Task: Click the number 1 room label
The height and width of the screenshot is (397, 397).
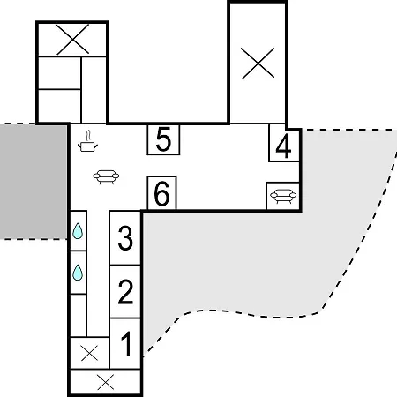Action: pyautogui.click(x=126, y=343)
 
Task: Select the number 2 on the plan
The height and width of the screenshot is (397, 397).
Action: pyautogui.click(x=125, y=292)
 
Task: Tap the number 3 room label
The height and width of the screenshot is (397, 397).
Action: pyautogui.click(x=125, y=238)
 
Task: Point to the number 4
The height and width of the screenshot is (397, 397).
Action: pyautogui.click(x=283, y=146)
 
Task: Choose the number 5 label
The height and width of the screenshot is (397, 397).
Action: pyautogui.click(x=163, y=139)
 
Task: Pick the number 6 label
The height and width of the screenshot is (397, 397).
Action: pyautogui.click(x=161, y=193)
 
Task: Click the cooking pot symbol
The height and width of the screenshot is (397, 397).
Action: pyautogui.click(x=87, y=146)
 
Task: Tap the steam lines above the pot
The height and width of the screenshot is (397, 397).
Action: pyautogui.click(x=87, y=136)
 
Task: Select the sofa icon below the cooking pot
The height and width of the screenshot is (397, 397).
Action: pyautogui.click(x=106, y=176)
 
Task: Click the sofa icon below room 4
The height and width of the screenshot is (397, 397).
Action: pyautogui.click(x=283, y=196)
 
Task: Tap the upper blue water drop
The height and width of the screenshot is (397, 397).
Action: pyautogui.click(x=78, y=231)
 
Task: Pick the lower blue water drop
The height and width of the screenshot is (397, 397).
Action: pyautogui.click(x=78, y=273)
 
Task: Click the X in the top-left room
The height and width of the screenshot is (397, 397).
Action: pyautogui.click(x=72, y=40)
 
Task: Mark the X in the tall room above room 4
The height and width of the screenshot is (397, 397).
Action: pyautogui.click(x=258, y=64)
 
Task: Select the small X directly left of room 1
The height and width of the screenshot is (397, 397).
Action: pyautogui.click(x=89, y=353)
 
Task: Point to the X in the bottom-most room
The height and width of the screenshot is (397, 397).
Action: pyautogui.click(x=106, y=383)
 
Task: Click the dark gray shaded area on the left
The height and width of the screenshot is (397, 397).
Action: pyautogui.click(x=34, y=182)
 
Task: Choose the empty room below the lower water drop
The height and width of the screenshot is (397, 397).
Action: pyautogui.click(x=79, y=315)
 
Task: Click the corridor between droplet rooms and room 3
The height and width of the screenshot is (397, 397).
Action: pyautogui.click(x=98, y=273)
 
